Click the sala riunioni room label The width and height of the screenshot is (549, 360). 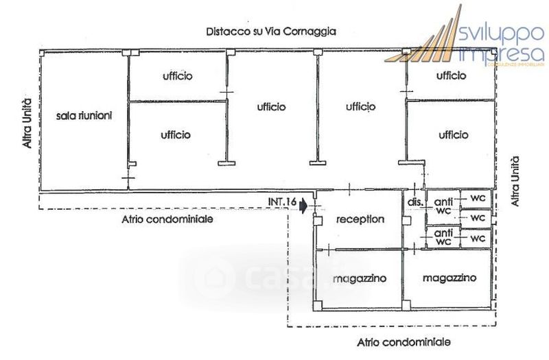click(84, 115)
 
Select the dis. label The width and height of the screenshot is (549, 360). click(414, 202)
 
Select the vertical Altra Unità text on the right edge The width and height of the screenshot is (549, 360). click(516, 182)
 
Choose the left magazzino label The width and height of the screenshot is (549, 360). click(360, 278)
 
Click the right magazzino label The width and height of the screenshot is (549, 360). click(449, 278)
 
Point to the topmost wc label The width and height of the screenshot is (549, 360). click(478, 197)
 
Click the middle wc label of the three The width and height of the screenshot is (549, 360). click(478, 217)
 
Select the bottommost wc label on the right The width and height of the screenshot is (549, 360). click(478, 238)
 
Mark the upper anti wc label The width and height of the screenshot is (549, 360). click(443, 206)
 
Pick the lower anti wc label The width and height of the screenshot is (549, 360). click(443, 237)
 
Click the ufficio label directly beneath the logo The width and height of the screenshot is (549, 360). click(452, 75)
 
